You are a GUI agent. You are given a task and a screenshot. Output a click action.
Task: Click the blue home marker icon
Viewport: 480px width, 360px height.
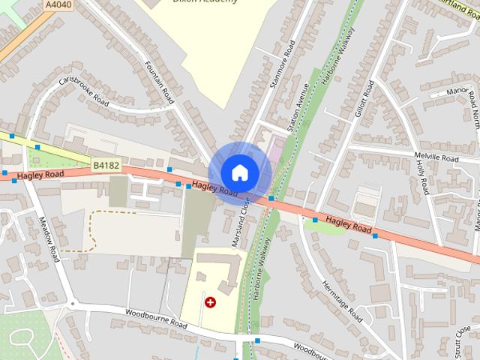click(x=239, y=173)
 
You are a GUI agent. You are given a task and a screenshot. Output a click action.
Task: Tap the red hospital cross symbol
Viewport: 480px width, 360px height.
click(x=210, y=302)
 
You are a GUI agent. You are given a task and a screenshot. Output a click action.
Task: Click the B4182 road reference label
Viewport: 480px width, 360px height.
click(x=106, y=163)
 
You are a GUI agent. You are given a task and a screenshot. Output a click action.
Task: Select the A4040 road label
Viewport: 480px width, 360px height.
click(x=57, y=4)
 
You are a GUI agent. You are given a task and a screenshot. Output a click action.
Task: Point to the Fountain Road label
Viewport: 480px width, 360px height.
click(x=159, y=82)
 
